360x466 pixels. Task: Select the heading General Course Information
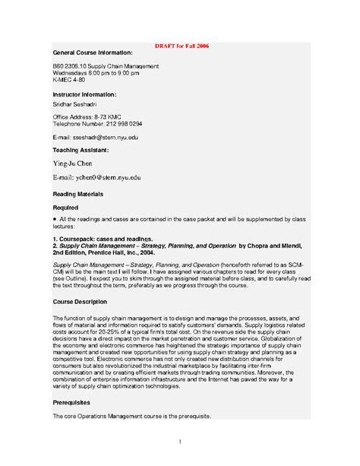(x=93, y=53)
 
